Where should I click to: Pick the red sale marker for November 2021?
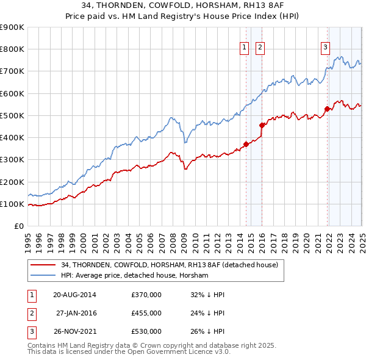coord(327,109)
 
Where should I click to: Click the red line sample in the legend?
coord(43,265)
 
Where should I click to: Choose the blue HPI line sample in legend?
coord(43,276)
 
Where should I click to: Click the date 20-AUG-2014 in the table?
coord(74,295)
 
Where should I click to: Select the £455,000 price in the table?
coord(146,313)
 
